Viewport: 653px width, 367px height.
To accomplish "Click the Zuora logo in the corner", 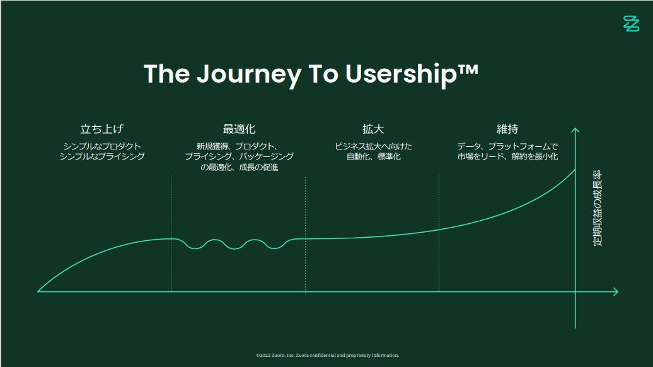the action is pos(631,24).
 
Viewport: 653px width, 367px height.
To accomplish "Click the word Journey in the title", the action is pos(248,74).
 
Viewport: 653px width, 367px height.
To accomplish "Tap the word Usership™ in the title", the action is pos(412,74).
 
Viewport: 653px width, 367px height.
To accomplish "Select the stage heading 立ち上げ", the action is pos(101,129).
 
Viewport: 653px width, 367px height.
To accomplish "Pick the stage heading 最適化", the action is pos(239,129).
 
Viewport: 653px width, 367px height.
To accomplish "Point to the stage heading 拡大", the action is pos(373,129).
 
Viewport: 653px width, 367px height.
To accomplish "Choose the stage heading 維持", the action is pos(507,129).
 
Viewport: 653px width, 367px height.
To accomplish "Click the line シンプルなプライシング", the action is pos(102,156).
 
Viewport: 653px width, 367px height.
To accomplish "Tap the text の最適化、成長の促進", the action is pos(239,167).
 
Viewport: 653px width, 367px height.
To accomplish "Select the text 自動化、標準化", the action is pos(374,156).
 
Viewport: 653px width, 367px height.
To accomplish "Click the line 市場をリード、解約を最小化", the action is pos(507,156).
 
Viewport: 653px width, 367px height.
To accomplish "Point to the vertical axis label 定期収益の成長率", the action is pos(597,208).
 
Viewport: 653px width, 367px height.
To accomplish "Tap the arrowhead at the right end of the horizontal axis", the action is pos(616,291).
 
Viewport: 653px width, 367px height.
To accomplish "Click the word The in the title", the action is pos(166,74).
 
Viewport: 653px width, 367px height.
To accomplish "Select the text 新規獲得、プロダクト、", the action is pos(237,146).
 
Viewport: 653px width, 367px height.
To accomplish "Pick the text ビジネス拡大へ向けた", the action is pos(374,146).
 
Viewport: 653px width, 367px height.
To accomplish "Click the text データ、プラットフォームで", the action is pos(507,146).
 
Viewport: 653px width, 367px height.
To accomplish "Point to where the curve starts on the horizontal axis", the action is pos(38,291).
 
